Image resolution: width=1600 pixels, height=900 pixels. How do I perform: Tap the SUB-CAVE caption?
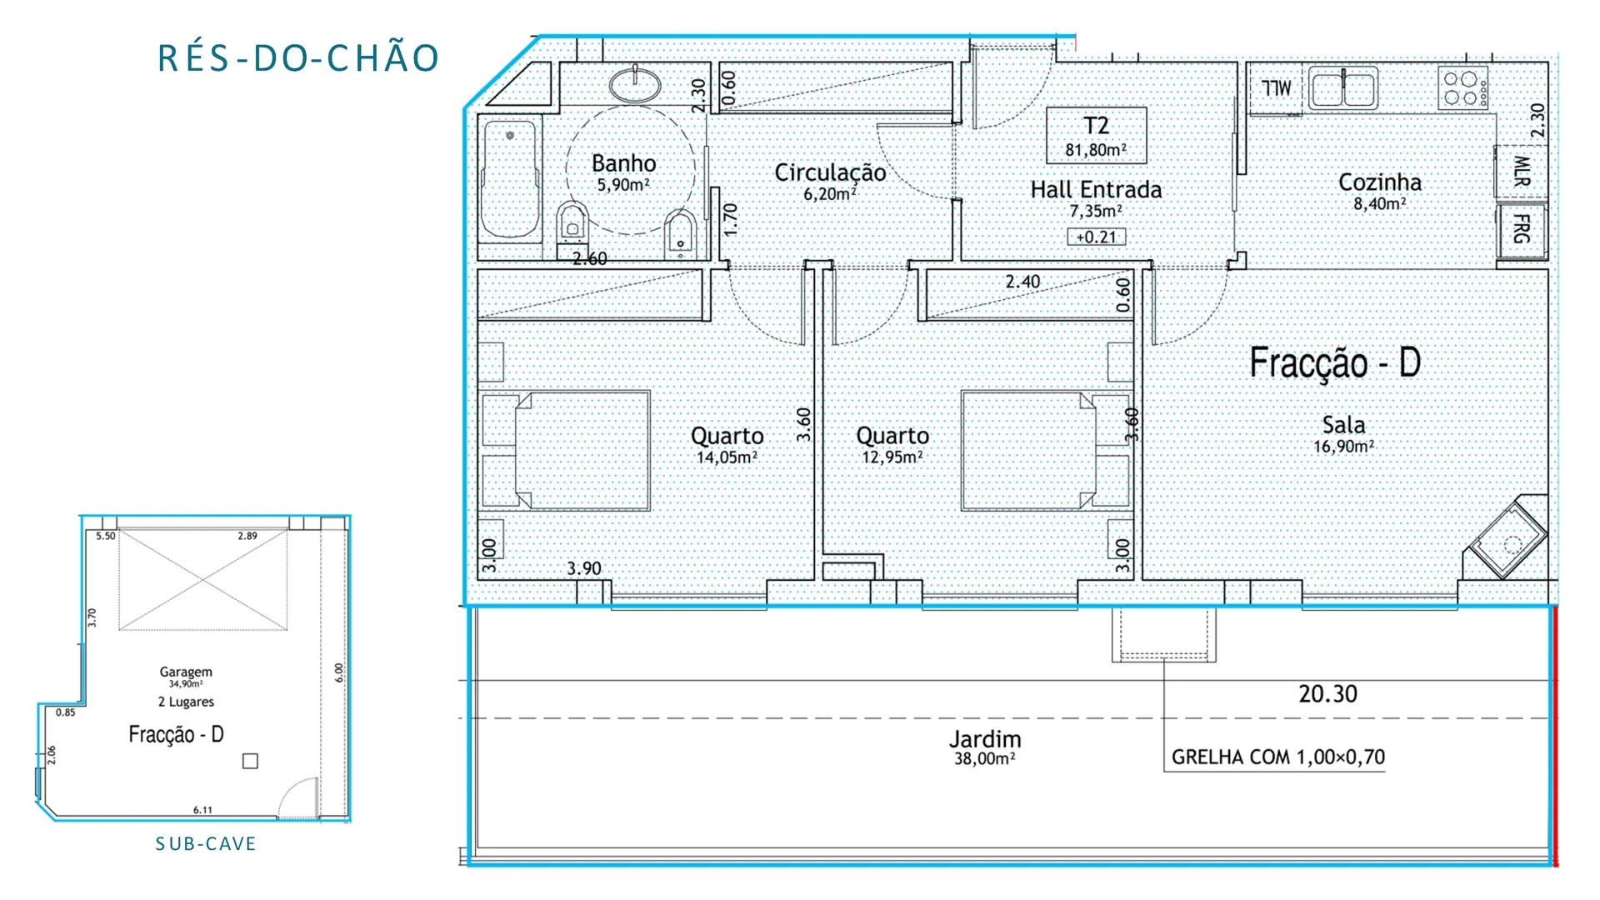point(206,844)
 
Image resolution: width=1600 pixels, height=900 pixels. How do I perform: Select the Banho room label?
point(624,163)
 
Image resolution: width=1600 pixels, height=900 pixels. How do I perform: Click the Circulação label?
point(830,172)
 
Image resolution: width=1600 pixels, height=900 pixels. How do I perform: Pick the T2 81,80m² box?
point(1096,135)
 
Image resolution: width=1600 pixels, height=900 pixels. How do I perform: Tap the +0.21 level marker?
point(1096,237)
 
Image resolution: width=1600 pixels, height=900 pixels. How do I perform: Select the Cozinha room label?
point(1380,182)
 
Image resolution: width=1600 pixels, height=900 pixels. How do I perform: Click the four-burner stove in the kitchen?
point(1463,88)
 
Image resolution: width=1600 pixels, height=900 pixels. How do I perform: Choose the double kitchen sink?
point(1343,88)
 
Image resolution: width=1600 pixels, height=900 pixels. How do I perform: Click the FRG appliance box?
point(1522,229)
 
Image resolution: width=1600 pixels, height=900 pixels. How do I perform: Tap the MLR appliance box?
point(1521,171)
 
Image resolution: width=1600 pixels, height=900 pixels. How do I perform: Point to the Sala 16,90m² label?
point(1343,434)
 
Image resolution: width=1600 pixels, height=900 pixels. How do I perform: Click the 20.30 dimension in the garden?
point(1327,694)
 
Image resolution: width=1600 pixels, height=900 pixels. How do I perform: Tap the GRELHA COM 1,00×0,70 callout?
point(1277,757)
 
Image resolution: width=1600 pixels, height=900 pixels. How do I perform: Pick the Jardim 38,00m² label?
point(985,747)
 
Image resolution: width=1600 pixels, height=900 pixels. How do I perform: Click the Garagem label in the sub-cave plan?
point(186,672)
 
